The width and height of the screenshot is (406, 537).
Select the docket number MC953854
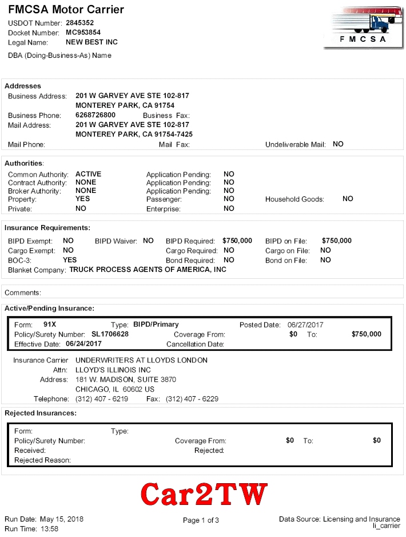click(83, 33)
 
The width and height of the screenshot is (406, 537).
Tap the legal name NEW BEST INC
click(91, 42)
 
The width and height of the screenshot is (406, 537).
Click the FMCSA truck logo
click(363, 27)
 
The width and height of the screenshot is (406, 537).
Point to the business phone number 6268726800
click(95, 115)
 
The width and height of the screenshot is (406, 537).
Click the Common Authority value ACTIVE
click(88, 174)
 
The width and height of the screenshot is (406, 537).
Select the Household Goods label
click(294, 199)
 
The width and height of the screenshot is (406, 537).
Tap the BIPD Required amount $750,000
click(237, 241)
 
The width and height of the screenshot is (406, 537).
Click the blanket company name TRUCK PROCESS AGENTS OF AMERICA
click(148, 269)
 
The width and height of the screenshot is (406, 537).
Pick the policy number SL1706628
click(110, 334)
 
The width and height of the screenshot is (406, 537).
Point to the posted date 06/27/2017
click(305, 325)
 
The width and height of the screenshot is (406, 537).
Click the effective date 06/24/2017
click(83, 343)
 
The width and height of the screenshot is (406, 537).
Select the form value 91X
click(50, 325)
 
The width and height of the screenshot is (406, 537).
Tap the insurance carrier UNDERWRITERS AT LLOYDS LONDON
click(141, 360)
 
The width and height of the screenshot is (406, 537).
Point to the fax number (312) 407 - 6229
click(192, 399)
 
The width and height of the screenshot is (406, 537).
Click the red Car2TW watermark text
click(204, 493)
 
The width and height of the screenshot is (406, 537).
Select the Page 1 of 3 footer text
click(201, 520)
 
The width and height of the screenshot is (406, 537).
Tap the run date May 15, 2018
click(61, 519)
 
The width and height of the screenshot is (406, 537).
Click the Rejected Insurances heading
click(40, 413)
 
